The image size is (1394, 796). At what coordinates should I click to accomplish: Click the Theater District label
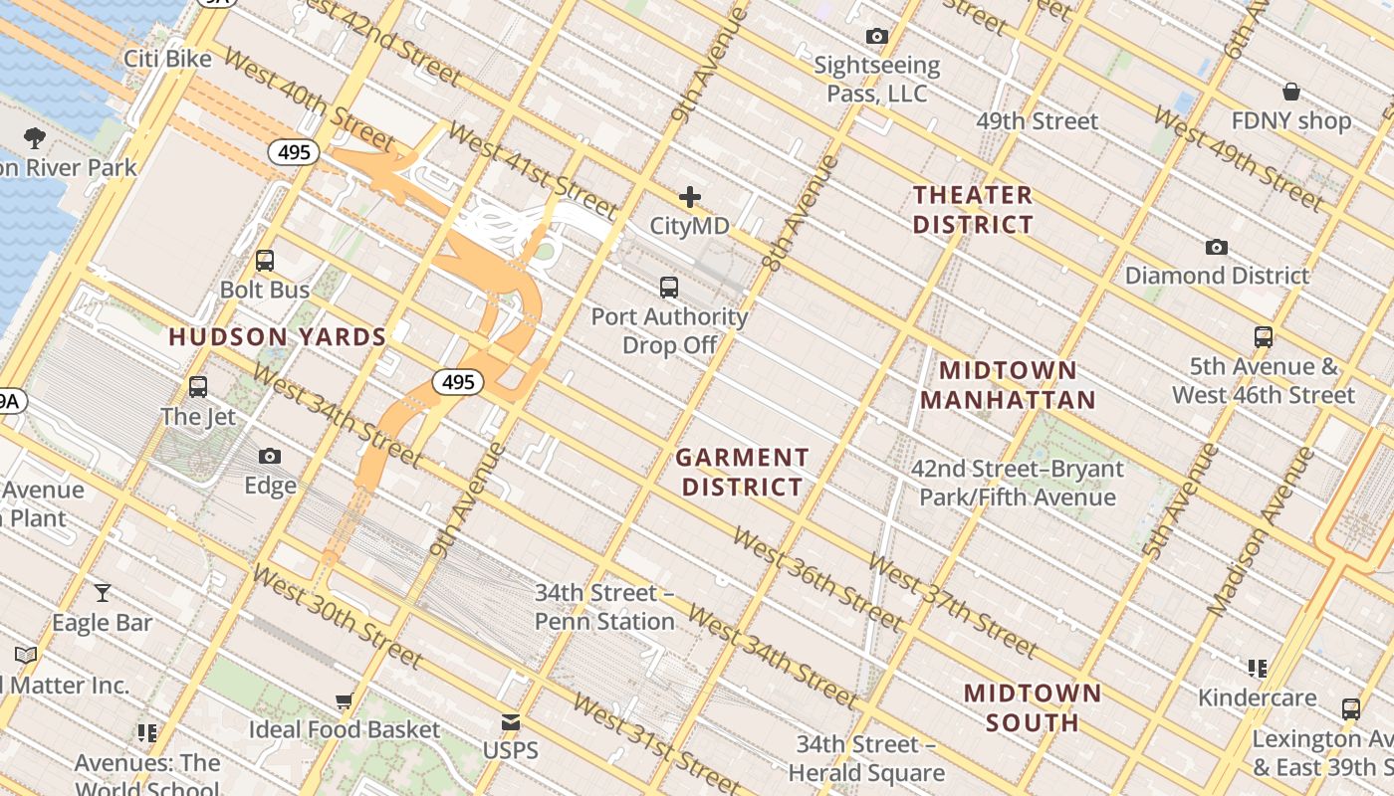point(973,209)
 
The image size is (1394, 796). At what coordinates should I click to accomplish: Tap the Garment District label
point(742,472)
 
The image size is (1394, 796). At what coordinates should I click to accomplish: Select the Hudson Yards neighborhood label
point(277,337)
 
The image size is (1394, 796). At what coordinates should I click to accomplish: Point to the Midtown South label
point(1033,707)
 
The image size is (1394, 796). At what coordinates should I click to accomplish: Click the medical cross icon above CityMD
point(689,197)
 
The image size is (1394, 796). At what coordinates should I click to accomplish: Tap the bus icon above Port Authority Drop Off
point(669,288)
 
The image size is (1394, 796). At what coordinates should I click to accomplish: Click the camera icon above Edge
point(270,457)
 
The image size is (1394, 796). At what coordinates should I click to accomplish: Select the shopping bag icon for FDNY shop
point(1290,92)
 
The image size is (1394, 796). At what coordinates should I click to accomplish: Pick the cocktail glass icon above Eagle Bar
point(103,593)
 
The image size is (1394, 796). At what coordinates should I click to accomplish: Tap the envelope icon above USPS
point(511,721)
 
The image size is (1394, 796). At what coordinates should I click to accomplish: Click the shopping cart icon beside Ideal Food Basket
point(344,700)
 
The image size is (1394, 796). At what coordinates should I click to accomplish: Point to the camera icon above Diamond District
point(1216,247)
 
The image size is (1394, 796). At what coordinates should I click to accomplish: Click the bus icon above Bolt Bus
point(265,261)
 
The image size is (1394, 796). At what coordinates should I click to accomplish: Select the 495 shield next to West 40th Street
point(294,152)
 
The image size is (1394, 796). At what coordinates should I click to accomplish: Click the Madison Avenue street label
point(1260,531)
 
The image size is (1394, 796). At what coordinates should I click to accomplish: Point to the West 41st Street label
point(532,170)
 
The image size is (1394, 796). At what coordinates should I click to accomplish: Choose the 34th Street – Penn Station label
point(604,607)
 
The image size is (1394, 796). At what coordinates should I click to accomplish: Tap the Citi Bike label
point(167,59)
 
